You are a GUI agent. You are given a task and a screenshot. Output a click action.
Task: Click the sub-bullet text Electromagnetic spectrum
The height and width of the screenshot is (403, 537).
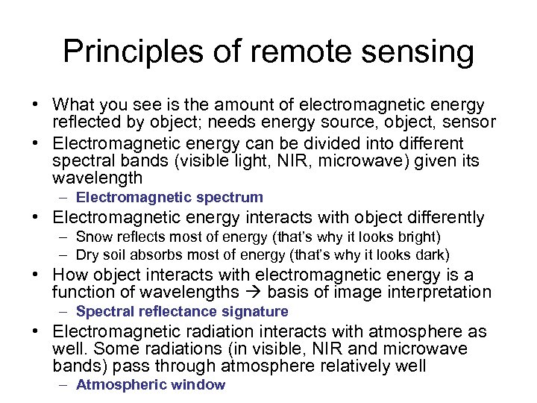pyautogui.click(x=169, y=198)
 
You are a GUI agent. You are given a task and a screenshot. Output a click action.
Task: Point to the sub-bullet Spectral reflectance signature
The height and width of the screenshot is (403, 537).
pyautogui.click(x=181, y=311)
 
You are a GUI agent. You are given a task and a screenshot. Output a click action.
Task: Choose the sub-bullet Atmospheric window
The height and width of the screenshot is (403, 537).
pyautogui.click(x=150, y=385)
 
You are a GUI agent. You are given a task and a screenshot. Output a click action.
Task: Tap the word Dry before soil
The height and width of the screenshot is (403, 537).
pyautogui.click(x=88, y=254)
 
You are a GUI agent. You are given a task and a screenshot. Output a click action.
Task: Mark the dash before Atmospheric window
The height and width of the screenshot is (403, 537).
pyautogui.click(x=66, y=385)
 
